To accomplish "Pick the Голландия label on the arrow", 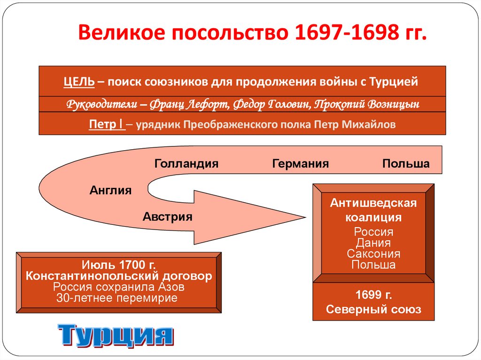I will point(186,164).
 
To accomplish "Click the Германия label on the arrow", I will point(300,164).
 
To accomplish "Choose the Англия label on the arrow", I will point(110,191).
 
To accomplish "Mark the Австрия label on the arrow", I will point(168,217).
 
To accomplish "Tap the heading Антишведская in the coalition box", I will point(373,203).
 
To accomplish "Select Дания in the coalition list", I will point(373,243).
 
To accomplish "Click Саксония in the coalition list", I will point(373,254).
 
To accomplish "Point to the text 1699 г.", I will point(373,296).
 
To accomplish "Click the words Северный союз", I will point(373,309).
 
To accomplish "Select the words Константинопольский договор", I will point(119,276).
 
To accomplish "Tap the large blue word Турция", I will point(116,335).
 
